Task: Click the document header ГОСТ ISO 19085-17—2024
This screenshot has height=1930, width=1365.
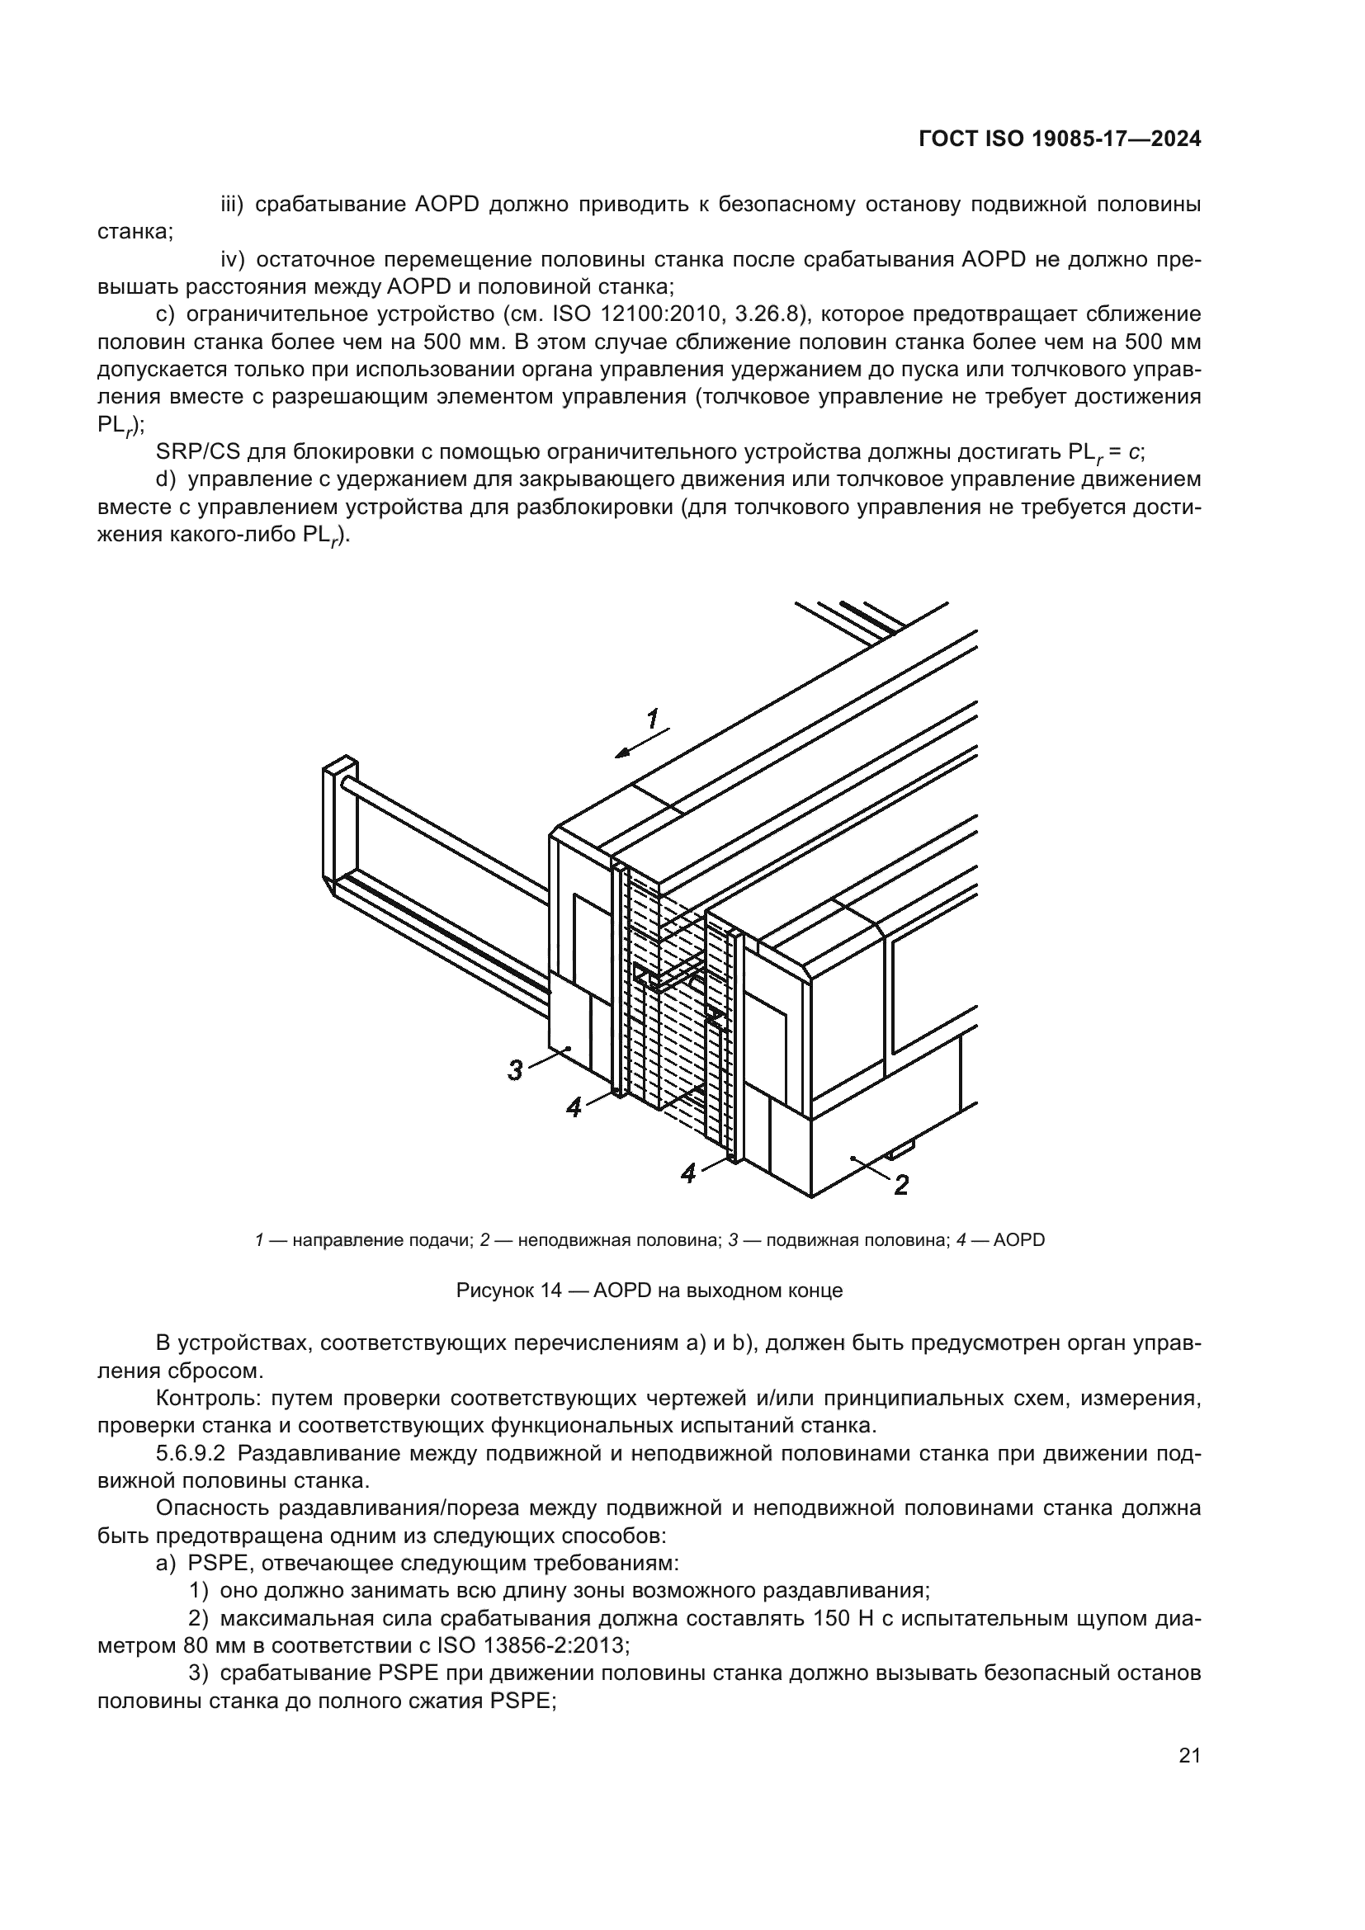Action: [1059, 139]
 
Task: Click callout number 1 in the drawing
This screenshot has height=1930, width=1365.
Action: [652, 719]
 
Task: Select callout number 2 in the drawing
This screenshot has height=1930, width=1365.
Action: [900, 1185]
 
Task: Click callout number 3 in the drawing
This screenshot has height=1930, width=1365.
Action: [515, 1070]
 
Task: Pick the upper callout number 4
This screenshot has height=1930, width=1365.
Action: [574, 1108]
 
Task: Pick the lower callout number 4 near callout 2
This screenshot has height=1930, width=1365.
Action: [688, 1173]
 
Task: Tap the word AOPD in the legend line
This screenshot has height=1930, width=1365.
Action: [1018, 1240]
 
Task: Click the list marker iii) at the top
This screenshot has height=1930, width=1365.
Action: [231, 205]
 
